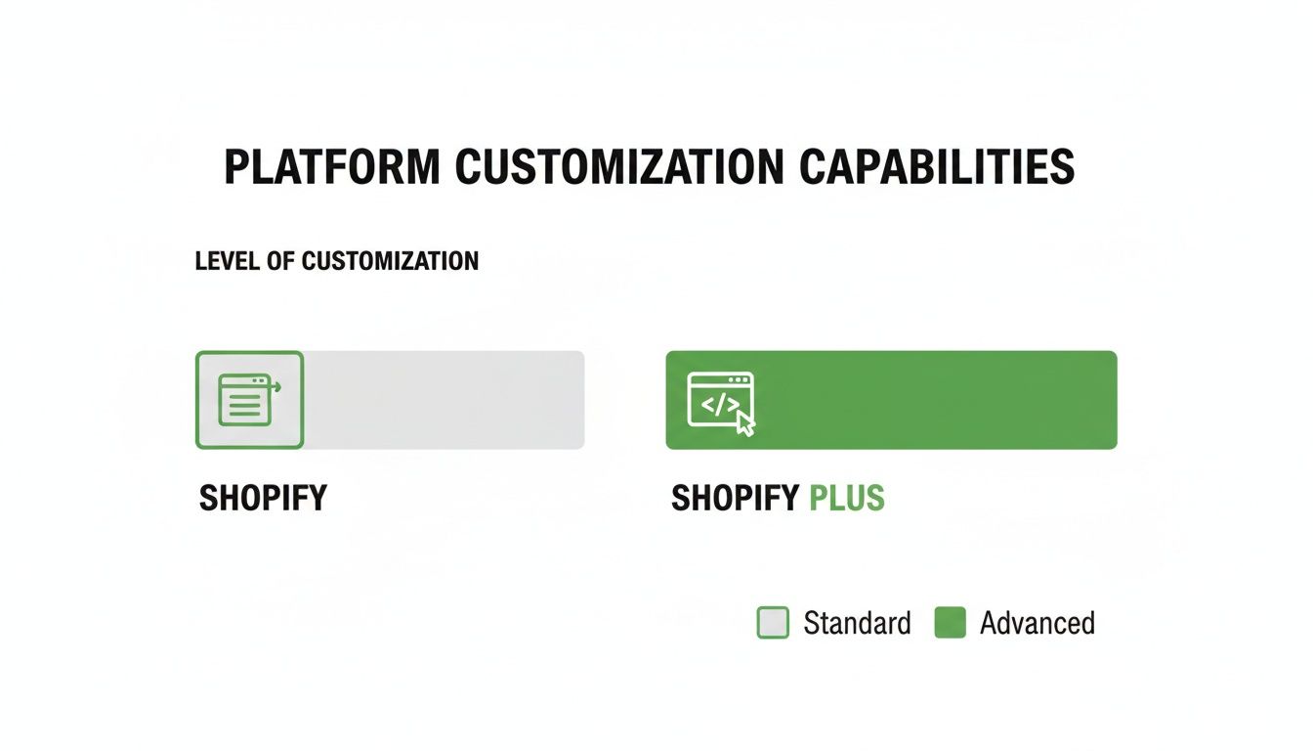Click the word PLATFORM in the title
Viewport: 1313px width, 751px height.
click(331, 167)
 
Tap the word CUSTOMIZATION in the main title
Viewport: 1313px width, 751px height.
click(618, 167)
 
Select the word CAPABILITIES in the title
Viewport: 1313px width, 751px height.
click(937, 167)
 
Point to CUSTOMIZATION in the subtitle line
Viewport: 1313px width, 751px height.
click(390, 262)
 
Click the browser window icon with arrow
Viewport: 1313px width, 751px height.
click(249, 400)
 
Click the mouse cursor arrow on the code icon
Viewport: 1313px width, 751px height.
click(745, 423)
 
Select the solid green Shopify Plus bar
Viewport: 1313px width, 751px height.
click(928, 400)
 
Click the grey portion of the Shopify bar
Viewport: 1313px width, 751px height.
click(445, 400)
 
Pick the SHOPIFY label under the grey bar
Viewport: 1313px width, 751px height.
click(263, 499)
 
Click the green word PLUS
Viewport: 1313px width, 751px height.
click(847, 499)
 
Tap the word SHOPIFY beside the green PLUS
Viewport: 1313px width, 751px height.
click(736, 499)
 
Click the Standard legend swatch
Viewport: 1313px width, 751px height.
click(773, 623)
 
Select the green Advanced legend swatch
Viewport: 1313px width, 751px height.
click(950, 623)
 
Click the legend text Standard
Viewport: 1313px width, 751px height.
click(857, 623)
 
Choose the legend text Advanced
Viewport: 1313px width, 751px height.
click(1037, 623)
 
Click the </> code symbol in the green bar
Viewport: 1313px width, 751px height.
click(718, 402)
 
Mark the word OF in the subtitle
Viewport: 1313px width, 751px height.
click(282, 262)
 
